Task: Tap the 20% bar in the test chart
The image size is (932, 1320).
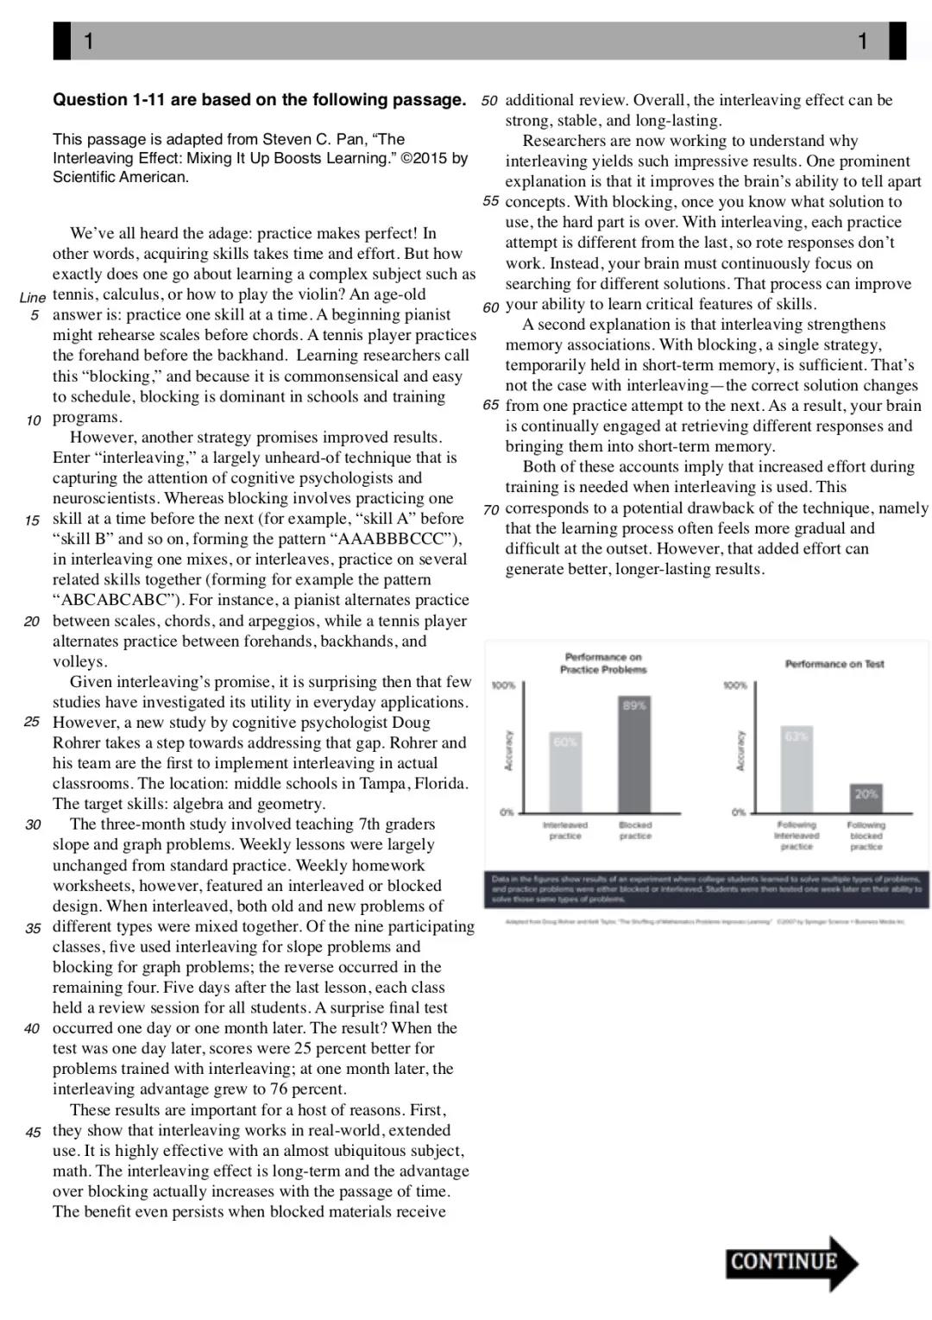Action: [x=866, y=798]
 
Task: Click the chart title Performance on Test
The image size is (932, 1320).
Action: [x=834, y=664]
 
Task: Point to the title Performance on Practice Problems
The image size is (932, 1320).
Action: [x=603, y=663]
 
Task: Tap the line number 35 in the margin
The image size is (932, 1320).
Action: [x=33, y=928]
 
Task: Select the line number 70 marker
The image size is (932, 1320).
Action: [x=491, y=509]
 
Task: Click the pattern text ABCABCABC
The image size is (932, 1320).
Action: [x=116, y=600]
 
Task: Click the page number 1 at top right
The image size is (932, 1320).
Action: [x=862, y=41]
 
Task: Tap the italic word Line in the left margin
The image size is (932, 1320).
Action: [x=32, y=297]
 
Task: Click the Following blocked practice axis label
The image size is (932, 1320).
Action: [x=866, y=836]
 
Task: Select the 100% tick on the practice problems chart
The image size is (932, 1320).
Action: [x=503, y=685]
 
